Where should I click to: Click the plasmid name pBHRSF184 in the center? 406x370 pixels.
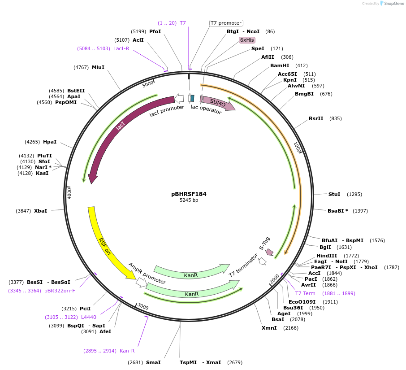coord(189,194)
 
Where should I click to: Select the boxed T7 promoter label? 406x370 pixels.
coord(226,23)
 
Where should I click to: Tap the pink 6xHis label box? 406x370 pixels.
coord(247,40)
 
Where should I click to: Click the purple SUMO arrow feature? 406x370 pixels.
coord(218,103)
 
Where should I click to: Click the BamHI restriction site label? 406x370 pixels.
coord(280,65)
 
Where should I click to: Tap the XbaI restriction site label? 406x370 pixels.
coord(40,210)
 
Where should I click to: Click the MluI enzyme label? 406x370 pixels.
coord(98,67)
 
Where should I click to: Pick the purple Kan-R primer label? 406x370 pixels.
coord(127,351)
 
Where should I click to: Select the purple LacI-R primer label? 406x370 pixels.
coord(121,48)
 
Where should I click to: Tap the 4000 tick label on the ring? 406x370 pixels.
coord(69,193)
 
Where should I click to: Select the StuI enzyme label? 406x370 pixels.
coord(334,194)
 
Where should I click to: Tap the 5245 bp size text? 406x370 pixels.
coord(189,200)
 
